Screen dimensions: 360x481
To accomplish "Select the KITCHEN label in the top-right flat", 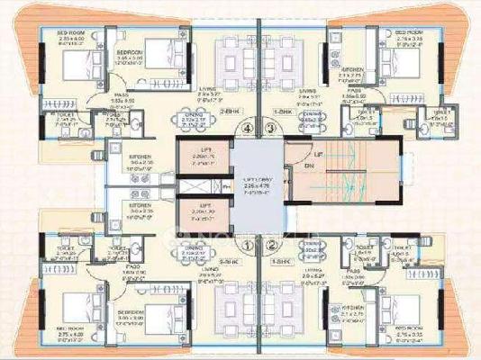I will coord(352,68).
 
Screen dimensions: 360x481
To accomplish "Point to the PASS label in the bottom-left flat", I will coord(129,267).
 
